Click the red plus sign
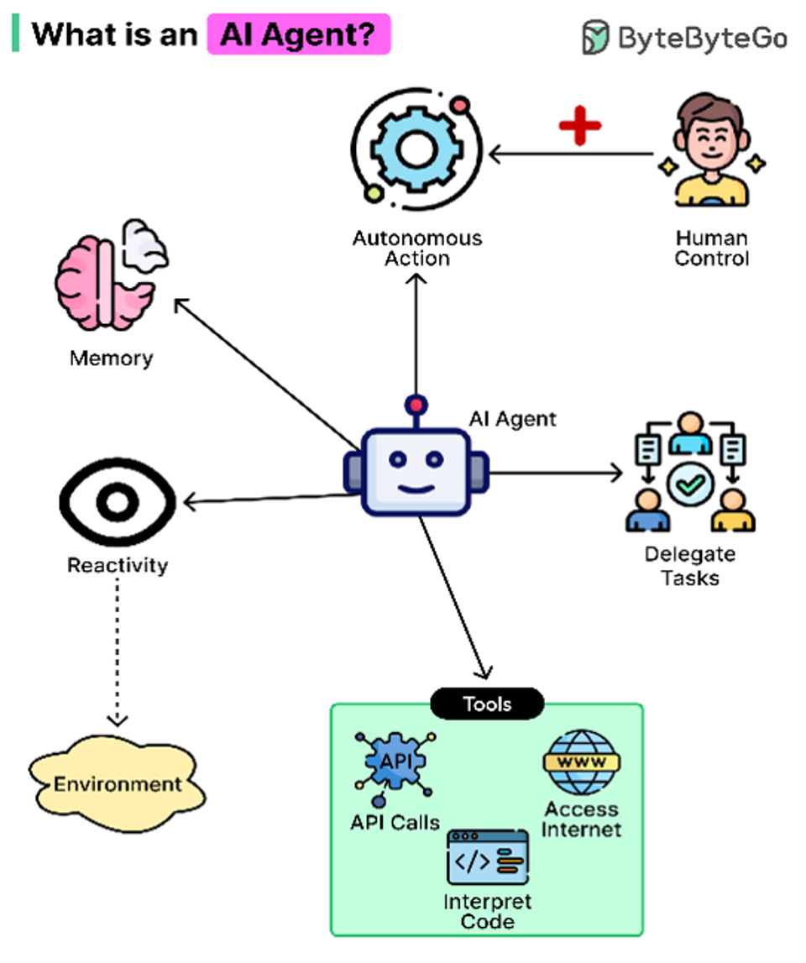coord(579,126)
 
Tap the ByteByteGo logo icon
coord(594,37)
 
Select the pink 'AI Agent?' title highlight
coord(299,34)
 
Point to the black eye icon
coord(118,502)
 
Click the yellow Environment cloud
coord(117,783)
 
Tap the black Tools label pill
coord(487,704)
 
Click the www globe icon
coord(581,762)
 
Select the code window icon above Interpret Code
coord(488,857)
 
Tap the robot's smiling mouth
coord(416,489)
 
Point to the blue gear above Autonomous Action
coord(417,149)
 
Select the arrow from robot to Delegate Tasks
coord(555,473)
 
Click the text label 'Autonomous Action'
coord(417,249)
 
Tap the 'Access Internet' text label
coord(581,819)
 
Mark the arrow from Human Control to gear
coord(571,154)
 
